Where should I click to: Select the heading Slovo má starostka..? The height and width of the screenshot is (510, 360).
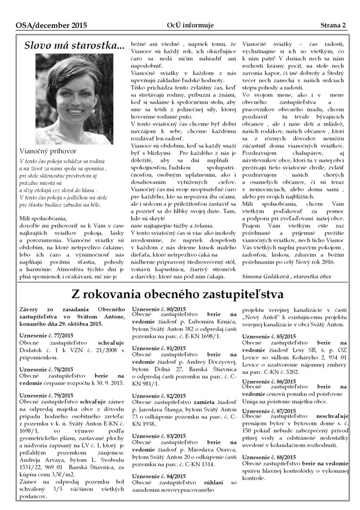[x=75, y=46]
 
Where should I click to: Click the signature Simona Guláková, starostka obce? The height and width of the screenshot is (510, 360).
[x=286, y=276]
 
